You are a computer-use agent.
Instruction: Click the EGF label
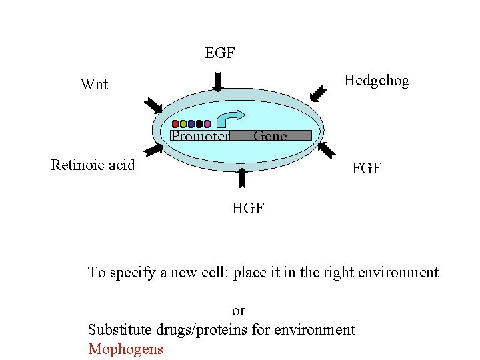(219, 53)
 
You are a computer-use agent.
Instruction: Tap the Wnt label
(94, 84)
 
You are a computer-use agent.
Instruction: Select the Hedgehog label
(377, 81)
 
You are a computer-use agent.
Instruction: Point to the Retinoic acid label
(93, 165)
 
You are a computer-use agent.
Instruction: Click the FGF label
(367, 169)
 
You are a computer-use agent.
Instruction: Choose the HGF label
(248, 209)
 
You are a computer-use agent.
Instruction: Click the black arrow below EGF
(218, 80)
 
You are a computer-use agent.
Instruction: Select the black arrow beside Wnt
(153, 105)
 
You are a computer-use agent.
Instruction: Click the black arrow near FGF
(326, 149)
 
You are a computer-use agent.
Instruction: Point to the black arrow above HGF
(242, 178)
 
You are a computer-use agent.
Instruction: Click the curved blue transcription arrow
(231, 117)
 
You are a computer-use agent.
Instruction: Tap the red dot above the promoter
(175, 124)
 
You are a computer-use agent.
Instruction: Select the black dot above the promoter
(199, 124)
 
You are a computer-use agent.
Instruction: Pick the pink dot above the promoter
(207, 124)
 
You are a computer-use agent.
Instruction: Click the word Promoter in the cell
(200, 137)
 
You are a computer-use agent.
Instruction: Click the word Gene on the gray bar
(270, 136)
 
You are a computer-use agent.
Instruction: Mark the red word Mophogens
(125, 349)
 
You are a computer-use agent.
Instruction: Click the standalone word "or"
(239, 310)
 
